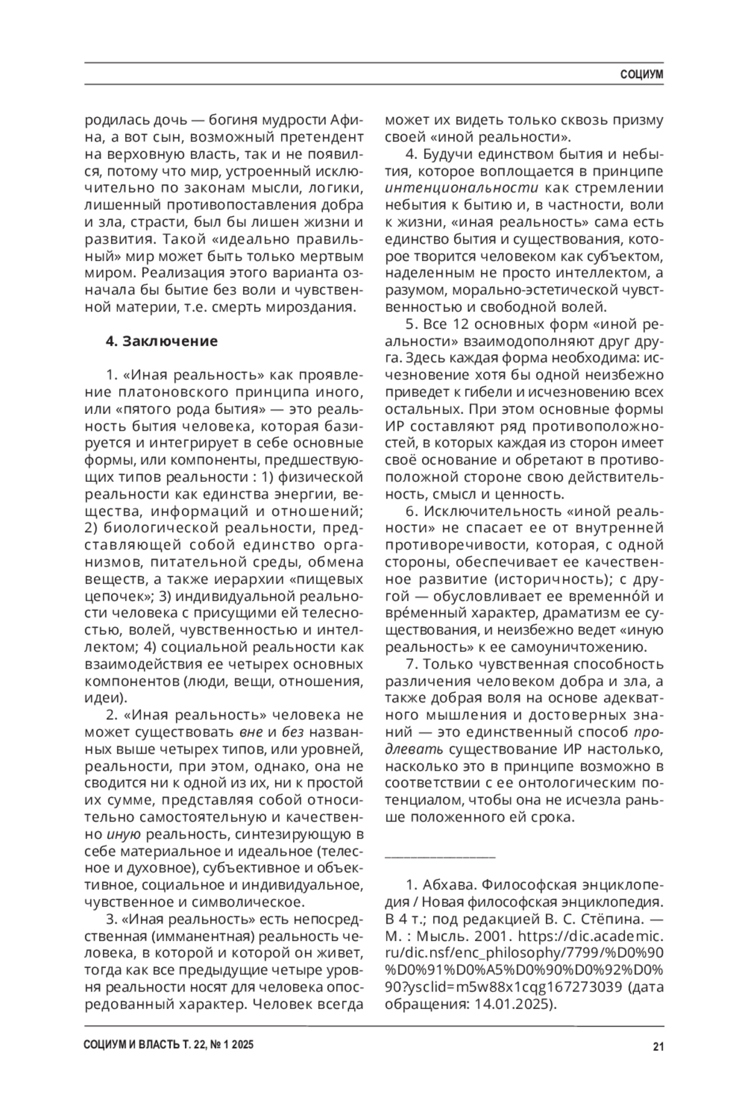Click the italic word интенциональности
pos(462,188)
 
